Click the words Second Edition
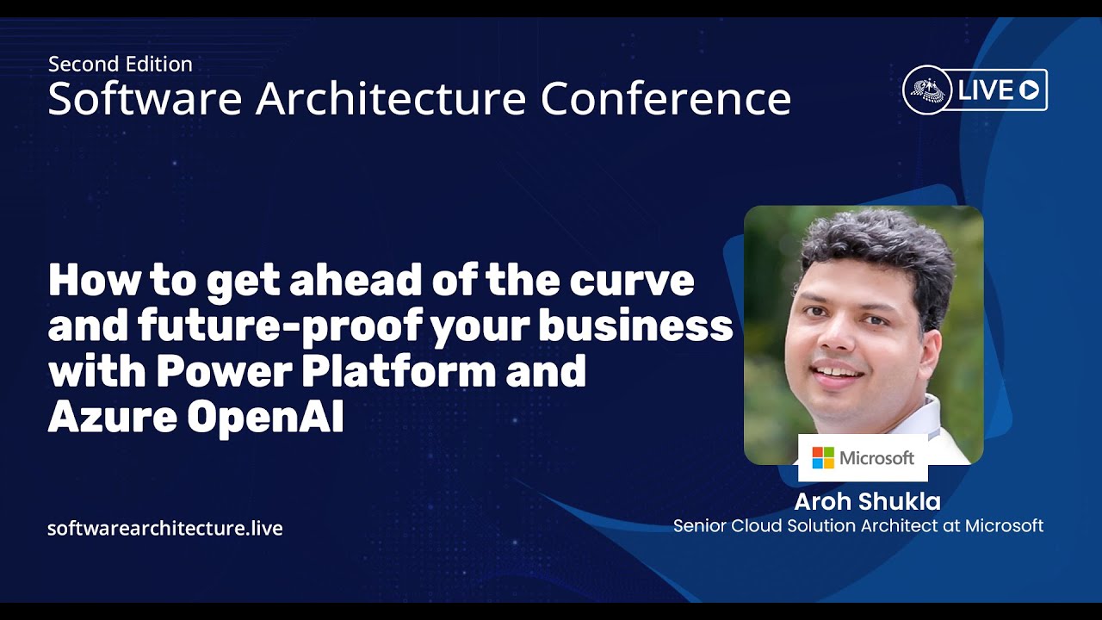(x=121, y=65)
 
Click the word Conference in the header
(x=666, y=98)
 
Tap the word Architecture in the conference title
(x=391, y=98)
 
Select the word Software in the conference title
(x=145, y=98)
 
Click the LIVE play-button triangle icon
(x=1029, y=90)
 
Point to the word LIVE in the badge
(x=986, y=90)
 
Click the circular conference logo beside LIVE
(x=927, y=90)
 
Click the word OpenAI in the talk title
(x=265, y=418)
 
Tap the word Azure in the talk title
(x=113, y=418)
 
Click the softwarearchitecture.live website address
(x=165, y=528)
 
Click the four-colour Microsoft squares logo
(x=823, y=457)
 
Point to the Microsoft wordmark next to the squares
(x=876, y=458)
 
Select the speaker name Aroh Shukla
(x=867, y=502)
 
